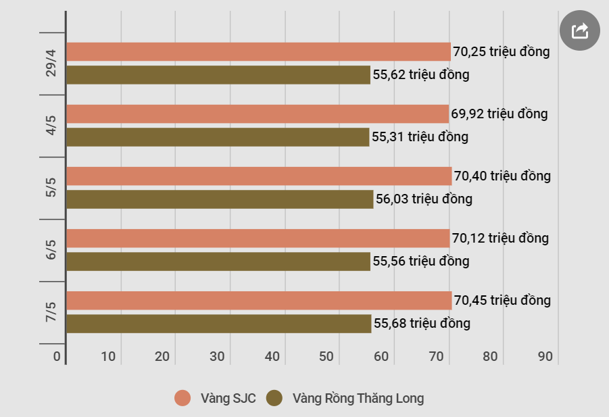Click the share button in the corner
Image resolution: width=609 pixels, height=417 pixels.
579,30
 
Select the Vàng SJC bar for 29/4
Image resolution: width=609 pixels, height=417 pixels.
259,51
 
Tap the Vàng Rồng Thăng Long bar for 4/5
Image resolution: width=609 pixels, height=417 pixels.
218,137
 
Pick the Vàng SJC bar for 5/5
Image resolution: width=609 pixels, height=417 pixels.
260,176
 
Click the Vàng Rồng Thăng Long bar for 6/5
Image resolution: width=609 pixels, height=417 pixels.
219,262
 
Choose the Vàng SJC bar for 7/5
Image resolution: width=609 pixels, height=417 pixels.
260,300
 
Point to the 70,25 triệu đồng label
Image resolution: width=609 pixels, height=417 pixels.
502,51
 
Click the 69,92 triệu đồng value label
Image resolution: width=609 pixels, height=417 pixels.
500,114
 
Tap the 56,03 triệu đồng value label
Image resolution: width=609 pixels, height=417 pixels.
424,199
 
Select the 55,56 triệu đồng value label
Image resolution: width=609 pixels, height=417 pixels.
421,261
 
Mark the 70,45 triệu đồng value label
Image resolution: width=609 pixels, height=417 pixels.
503,300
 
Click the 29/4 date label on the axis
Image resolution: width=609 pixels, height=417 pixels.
51,63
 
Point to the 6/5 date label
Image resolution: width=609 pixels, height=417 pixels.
51,249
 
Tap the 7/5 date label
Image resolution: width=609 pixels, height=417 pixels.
51,312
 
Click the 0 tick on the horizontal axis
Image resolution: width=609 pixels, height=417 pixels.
57,356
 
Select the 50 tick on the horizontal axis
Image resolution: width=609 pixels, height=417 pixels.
326,356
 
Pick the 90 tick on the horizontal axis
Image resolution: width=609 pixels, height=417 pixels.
545,356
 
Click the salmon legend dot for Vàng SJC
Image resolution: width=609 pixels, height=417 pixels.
182,398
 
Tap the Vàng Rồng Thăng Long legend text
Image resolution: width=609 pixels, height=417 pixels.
358,398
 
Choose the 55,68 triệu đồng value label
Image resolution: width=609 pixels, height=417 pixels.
422,323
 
